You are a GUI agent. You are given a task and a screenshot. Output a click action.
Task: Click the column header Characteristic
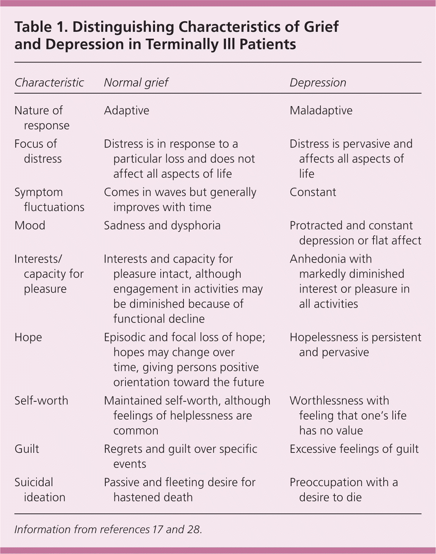[49, 83]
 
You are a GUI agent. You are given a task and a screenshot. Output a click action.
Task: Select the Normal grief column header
[136, 83]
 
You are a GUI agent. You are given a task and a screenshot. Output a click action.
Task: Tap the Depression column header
[318, 83]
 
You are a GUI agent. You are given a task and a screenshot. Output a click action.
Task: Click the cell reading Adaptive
[127, 111]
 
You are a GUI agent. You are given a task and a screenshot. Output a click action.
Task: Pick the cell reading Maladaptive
[321, 111]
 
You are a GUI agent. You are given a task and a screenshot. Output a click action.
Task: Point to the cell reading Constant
[313, 192]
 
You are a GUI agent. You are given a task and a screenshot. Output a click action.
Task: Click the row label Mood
[30, 225]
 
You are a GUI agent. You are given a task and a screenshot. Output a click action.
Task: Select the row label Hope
[28, 337]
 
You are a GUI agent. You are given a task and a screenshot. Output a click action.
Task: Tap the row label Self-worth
[41, 401]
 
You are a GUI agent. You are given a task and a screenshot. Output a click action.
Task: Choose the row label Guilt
[27, 449]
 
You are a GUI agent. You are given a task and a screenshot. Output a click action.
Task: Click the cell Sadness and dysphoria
[162, 225]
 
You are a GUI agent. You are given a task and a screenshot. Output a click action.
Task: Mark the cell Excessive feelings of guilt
[354, 449]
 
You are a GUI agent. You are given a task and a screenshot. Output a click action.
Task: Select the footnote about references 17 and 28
[108, 529]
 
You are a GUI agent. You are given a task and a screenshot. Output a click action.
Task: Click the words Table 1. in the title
[41, 27]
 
